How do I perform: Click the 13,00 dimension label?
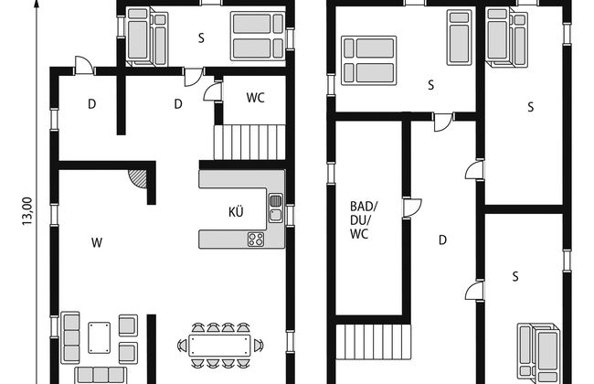(x=27, y=211)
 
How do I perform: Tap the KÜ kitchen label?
(x=236, y=212)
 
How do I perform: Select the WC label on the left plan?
(x=255, y=98)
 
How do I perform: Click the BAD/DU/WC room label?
(x=364, y=220)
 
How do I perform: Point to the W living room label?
(x=97, y=242)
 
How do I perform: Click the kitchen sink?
(x=276, y=208)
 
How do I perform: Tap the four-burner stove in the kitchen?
(x=256, y=240)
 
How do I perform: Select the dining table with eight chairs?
(x=220, y=345)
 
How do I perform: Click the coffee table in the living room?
(x=100, y=337)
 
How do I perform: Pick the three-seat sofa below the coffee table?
(x=101, y=375)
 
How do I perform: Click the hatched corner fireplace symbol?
(x=138, y=177)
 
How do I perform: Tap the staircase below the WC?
(x=249, y=142)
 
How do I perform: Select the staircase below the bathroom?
(x=374, y=342)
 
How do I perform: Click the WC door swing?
(x=212, y=91)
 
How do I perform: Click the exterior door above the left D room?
(x=84, y=65)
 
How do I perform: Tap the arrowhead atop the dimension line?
(x=37, y=4)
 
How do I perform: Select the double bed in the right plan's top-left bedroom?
(x=368, y=60)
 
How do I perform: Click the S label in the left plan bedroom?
(x=201, y=37)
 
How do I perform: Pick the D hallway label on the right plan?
(x=442, y=240)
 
